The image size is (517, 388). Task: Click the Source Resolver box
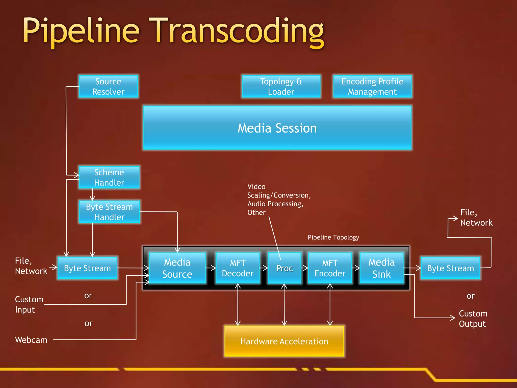(108, 86)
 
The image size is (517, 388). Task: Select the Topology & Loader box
(281, 86)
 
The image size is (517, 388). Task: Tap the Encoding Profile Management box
(372, 86)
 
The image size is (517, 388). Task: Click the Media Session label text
(277, 128)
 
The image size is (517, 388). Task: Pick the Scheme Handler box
(109, 177)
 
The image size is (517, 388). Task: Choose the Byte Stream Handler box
(109, 212)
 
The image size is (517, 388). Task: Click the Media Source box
(177, 268)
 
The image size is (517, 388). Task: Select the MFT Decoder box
(238, 268)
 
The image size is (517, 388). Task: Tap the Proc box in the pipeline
(285, 268)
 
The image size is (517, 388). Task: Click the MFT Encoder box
(330, 268)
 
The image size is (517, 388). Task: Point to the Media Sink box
(381, 268)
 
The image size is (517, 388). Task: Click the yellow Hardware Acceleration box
(284, 341)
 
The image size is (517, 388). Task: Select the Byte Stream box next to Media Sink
(450, 268)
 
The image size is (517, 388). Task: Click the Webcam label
(31, 340)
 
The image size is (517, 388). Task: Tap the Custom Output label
(473, 319)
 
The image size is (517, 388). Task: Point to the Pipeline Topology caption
(333, 237)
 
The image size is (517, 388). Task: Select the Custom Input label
(29, 304)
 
